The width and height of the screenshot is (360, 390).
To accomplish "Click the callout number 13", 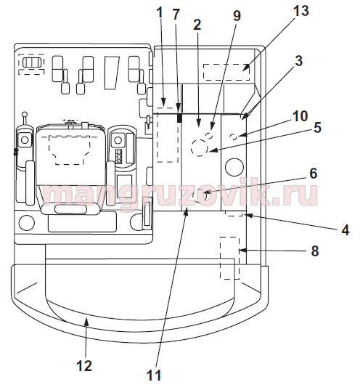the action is [x=300, y=11].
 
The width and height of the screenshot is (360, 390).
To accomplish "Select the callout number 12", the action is [x=84, y=365].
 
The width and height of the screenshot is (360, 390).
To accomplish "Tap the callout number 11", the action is [x=154, y=375].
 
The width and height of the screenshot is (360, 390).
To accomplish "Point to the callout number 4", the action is [x=345, y=229].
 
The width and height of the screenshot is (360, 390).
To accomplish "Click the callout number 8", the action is [x=315, y=251].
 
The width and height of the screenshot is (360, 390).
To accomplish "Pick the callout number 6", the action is [x=314, y=173].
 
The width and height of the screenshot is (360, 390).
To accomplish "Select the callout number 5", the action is [x=317, y=127].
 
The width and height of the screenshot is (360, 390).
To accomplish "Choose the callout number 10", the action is [x=300, y=115].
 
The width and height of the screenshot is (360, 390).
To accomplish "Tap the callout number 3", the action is [x=298, y=60].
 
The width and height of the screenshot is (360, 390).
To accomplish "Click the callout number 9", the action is [x=237, y=15].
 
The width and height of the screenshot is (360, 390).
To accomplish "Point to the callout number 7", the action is [x=176, y=14].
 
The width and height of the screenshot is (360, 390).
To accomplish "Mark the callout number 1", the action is [x=160, y=12].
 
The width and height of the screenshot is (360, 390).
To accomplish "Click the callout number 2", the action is [x=197, y=25].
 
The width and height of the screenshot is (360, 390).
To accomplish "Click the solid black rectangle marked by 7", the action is [x=179, y=118].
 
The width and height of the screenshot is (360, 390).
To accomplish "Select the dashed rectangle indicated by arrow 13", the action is [x=226, y=72].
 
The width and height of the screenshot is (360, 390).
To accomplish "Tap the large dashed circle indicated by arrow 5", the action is [x=191, y=147].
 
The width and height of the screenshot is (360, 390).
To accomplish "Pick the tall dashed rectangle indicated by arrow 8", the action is [x=221, y=258].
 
